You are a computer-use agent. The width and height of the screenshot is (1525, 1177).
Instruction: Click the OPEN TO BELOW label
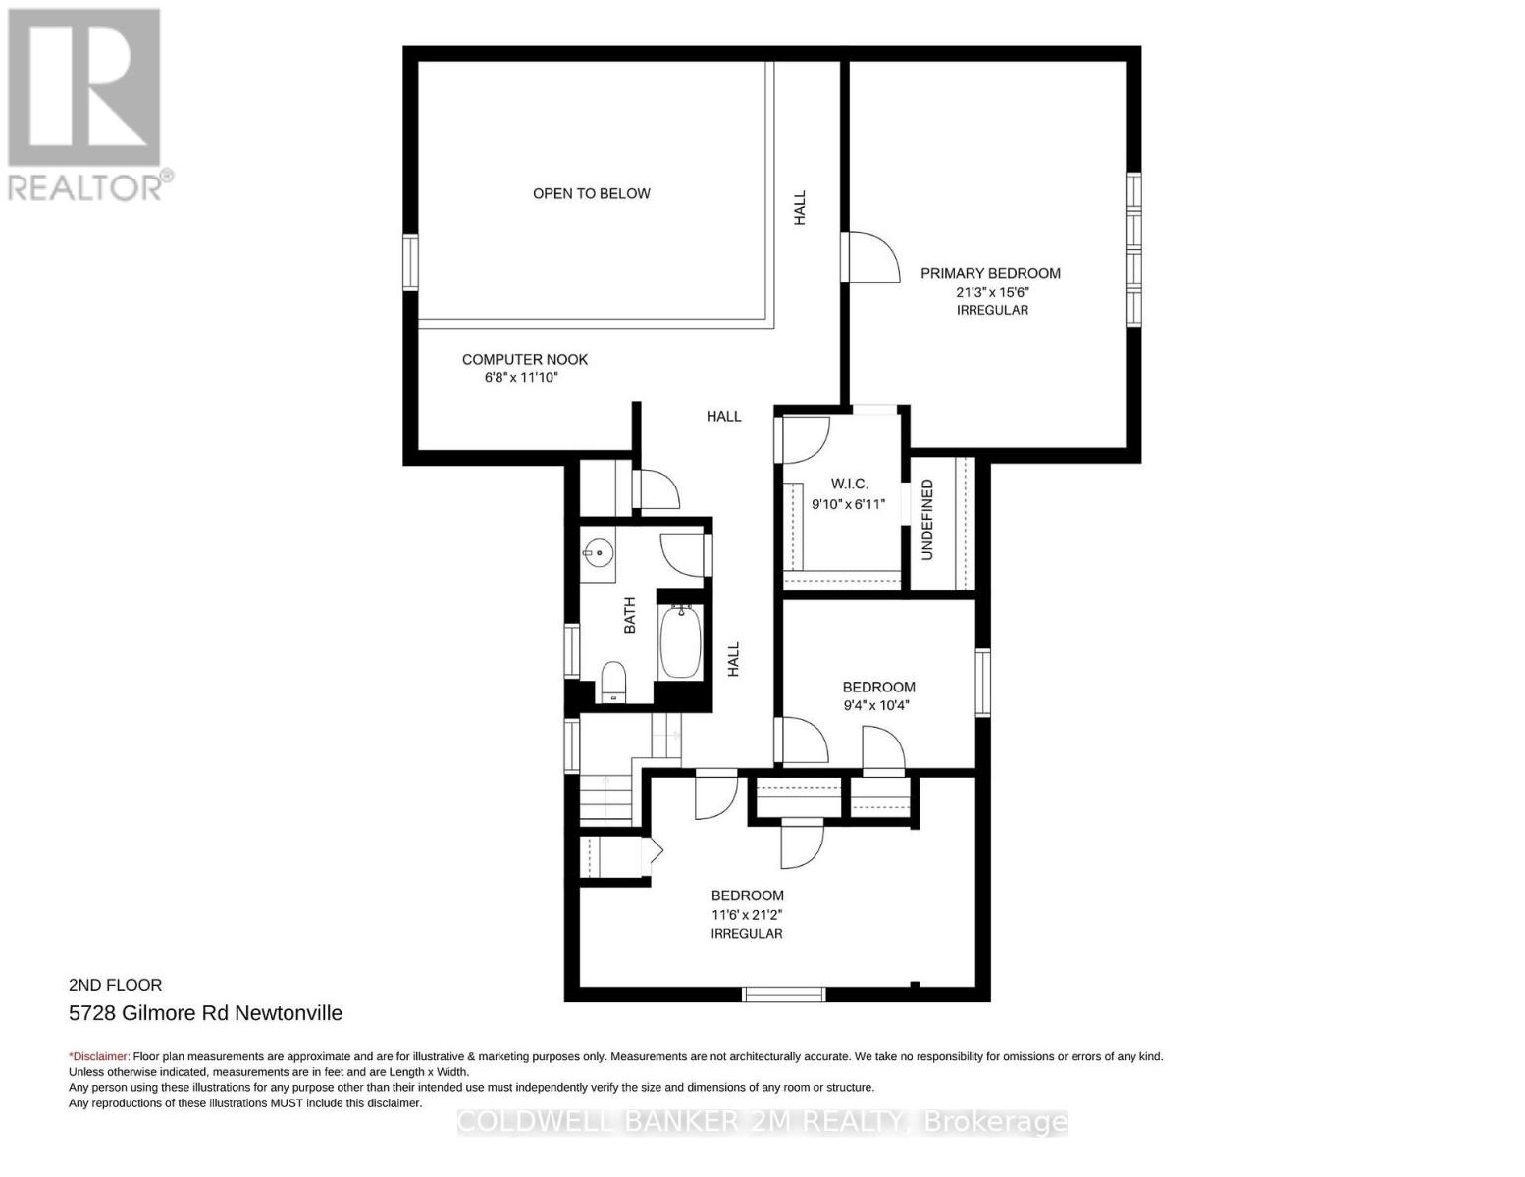[591, 193]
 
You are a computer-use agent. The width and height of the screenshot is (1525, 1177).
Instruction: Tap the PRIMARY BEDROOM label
[990, 273]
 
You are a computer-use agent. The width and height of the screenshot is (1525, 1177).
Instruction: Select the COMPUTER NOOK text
[525, 359]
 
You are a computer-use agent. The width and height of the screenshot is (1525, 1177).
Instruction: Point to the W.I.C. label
[850, 484]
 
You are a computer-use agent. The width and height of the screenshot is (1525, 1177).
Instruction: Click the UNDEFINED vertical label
[927, 520]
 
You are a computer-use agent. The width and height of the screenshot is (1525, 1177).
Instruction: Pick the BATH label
[629, 615]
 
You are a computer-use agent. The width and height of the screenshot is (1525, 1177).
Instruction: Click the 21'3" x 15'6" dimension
[992, 291]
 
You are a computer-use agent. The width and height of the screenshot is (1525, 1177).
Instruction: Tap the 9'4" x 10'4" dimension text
[876, 705]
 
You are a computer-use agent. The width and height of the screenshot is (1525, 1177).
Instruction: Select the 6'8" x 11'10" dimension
[521, 378]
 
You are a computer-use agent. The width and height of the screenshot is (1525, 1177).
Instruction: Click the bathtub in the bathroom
[681, 641]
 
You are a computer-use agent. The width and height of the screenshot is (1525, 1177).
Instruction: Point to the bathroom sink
[598, 553]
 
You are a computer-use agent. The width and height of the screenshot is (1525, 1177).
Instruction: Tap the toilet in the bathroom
[613, 682]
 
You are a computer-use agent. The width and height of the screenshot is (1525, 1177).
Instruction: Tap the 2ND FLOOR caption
[115, 985]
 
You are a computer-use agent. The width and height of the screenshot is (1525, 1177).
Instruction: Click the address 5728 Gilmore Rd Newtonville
[206, 1013]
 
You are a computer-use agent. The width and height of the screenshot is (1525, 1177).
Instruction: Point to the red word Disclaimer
[99, 1056]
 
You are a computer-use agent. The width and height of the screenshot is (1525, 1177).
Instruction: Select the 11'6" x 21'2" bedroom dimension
[747, 915]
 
